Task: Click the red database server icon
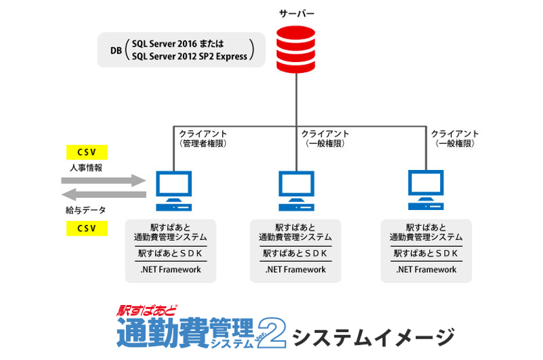tap(297, 48)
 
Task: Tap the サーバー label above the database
tap(297, 14)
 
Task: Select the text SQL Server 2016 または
tap(177, 44)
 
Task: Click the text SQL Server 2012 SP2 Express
tap(189, 56)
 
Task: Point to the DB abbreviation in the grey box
tap(116, 50)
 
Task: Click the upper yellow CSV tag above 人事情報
tap(87, 153)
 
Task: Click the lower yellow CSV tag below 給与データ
tap(87, 228)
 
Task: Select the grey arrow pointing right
tap(104, 180)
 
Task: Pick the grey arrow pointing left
tap(104, 194)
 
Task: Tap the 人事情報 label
tap(86, 167)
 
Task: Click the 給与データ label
tap(86, 210)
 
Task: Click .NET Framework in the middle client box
tap(295, 270)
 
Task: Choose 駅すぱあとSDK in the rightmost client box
tap(426, 253)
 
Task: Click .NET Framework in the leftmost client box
tap(171, 270)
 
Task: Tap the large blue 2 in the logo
tap(272, 333)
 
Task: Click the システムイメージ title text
tap(374, 337)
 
